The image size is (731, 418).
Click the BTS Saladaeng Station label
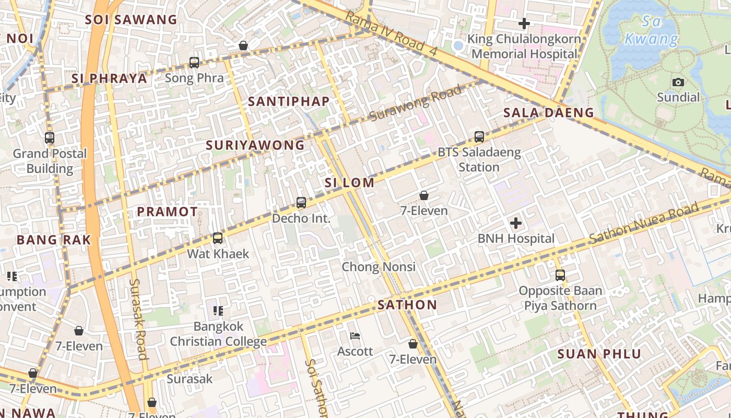click(x=479, y=160)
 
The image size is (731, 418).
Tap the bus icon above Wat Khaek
click(x=218, y=238)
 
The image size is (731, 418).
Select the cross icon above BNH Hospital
click(x=516, y=224)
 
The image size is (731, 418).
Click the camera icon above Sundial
click(x=678, y=82)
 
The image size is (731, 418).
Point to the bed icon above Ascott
click(x=355, y=336)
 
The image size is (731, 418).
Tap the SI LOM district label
click(x=349, y=183)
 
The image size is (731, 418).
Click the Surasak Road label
click(x=139, y=319)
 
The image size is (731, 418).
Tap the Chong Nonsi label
click(x=379, y=267)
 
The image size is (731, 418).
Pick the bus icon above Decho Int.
click(x=301, y=203)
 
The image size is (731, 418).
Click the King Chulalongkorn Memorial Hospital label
click(x=524, y=47)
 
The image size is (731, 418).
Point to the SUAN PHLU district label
click(x=599, y=354)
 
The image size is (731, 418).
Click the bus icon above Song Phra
click(x=194, y=63)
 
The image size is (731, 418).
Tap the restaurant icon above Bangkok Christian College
click(x=218, y=311)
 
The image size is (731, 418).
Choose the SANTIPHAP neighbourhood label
click(x=289, y=101)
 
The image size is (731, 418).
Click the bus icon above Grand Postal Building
click(x=50, y=138)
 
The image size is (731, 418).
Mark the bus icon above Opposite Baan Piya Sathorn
click(x=560, y=275)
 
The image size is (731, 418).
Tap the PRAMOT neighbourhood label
click(x=167, y=212)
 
